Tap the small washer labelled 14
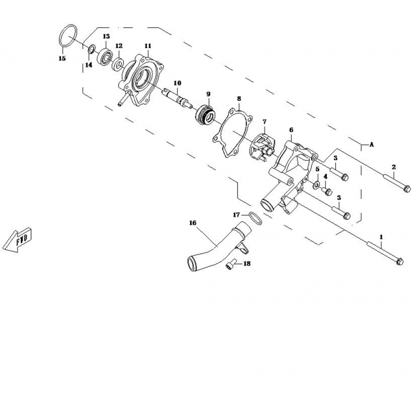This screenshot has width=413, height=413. click(x=92, y=49)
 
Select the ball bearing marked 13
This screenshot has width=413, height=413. click(x=106, y=56)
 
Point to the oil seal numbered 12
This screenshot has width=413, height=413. click(x=118, y=64)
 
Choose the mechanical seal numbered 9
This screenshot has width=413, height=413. click(x=206, y=115)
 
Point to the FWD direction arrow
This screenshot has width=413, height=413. click(x=17, y=240)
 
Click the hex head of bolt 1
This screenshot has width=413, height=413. click(x=399, y=262)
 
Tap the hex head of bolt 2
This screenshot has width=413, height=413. click(x=407, y=188)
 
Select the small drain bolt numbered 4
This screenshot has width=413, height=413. click(x=327, y=191)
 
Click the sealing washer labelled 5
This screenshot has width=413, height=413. click(x=316, y=184)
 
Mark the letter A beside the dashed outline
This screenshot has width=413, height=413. click(x=372, y=145)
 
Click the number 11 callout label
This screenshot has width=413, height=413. click(x=148, y=46)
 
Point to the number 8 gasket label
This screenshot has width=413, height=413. click(x=239, y=99)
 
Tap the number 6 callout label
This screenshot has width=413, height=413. click(x=291, y=130)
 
